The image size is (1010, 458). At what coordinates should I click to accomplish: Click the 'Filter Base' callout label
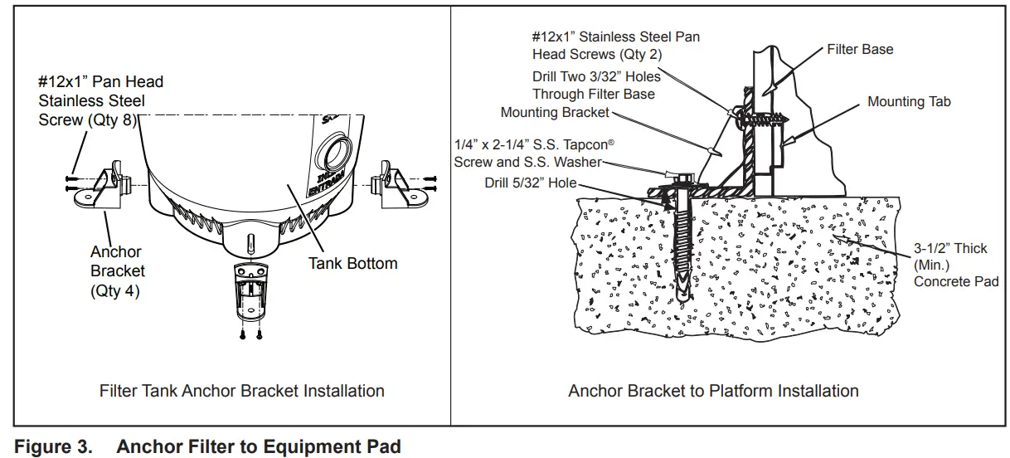click(860, 50)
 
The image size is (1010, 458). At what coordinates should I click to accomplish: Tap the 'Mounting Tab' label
click(909, 102)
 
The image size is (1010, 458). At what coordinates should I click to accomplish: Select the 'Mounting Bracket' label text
click(555, 113)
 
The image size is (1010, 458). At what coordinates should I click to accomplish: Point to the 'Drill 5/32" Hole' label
click(530, 183)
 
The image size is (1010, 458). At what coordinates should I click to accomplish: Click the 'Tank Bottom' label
click(352, 264)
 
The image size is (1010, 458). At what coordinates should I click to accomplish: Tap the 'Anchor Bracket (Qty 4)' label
click(117, 271)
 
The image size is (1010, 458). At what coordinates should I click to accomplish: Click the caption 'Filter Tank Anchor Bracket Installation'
click(241, 391)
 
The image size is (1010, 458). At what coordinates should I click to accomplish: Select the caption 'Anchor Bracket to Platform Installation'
click(713, 391)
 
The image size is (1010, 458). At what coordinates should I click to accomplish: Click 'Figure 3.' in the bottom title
click(54, 447)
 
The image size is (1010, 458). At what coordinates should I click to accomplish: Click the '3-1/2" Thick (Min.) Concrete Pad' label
click(955, 266)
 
